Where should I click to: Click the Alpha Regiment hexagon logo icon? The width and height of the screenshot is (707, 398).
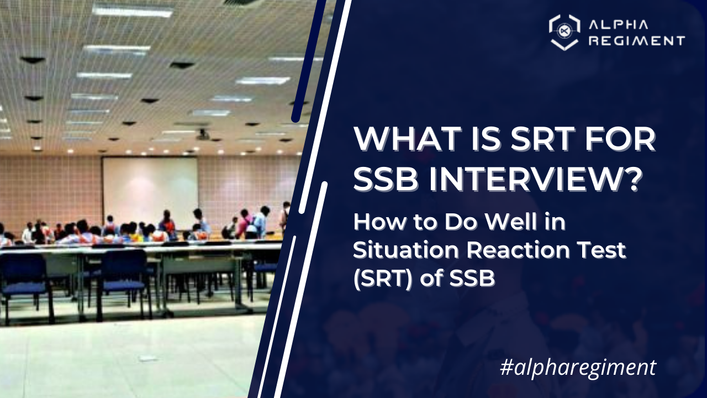tap(564, 32)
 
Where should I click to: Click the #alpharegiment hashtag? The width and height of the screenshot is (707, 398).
tap(578, 367)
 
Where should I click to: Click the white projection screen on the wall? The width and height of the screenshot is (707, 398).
tap(150, 186)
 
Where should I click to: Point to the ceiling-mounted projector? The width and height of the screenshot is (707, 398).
tap(203, 134)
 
